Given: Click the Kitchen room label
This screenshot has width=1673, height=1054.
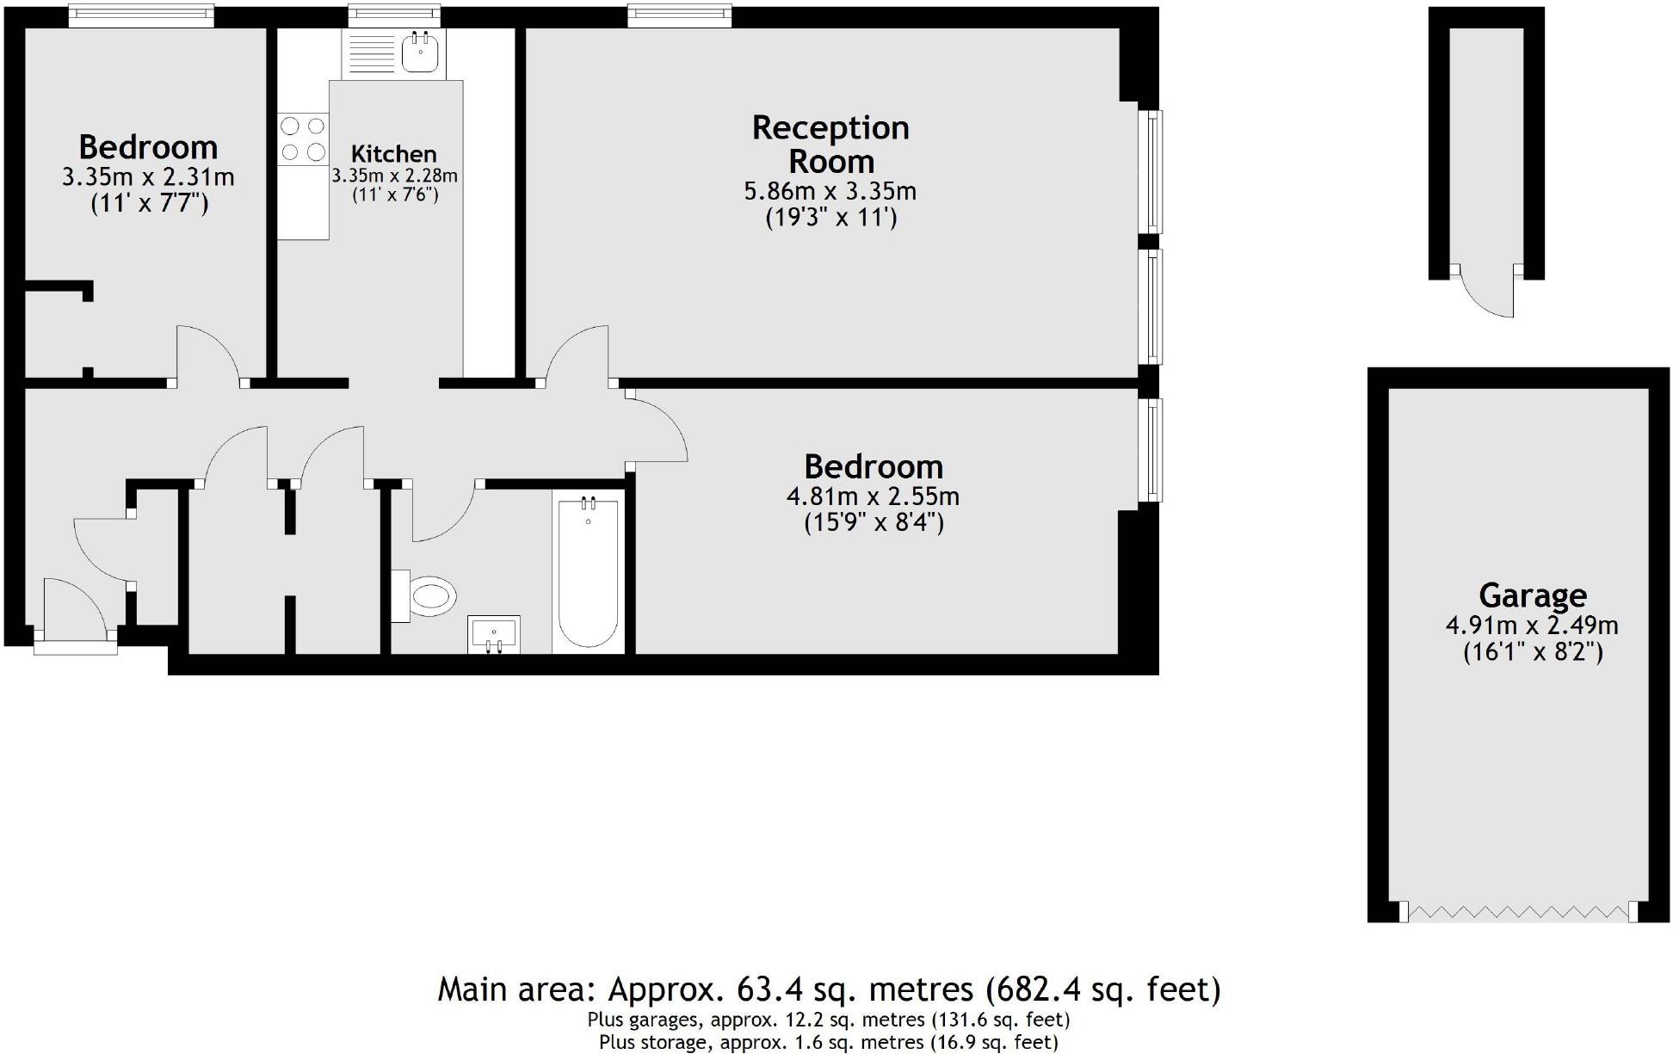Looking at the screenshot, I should (394, 154).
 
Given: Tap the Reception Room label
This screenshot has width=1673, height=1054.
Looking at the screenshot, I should (830, 144).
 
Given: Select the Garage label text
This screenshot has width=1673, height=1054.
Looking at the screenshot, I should (1533, 595).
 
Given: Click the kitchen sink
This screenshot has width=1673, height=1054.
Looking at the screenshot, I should (420, 52).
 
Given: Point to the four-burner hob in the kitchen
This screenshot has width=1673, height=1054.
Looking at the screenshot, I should (303, 139).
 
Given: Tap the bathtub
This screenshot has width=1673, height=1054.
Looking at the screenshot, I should (588, 571).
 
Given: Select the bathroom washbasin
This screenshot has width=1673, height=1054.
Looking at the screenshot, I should (494, 635).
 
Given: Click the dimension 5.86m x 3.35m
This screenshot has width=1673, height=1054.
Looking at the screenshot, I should (830, 190).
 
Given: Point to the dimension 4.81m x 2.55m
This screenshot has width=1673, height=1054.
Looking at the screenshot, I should (873, 496).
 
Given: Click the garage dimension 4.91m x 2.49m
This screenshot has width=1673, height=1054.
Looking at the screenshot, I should (1532, 626).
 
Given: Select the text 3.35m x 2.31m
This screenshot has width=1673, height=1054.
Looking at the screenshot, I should (148, 177).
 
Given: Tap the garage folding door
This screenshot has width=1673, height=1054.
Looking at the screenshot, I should (1519, 912).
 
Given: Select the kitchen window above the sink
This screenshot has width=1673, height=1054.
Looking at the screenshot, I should (394, 15).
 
